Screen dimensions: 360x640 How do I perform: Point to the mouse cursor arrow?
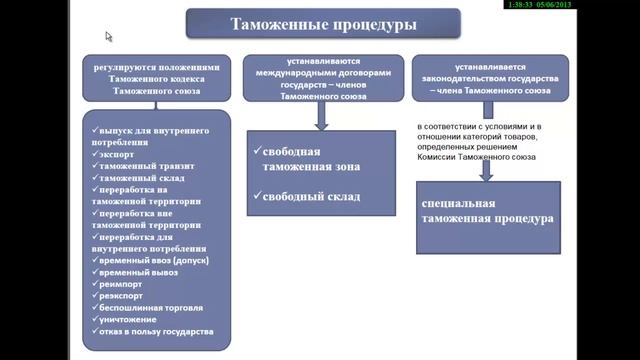click(109, 36)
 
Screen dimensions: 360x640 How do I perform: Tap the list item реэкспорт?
click(123, 294)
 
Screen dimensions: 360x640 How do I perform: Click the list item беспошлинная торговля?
click(150, 307)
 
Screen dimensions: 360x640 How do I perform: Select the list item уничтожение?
click(130, 319)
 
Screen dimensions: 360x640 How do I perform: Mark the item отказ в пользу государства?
click(155, 332)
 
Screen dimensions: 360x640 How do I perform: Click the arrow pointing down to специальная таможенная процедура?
click(486, 170)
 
